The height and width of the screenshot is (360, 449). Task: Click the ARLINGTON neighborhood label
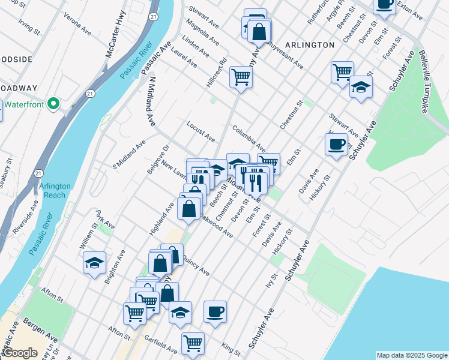click(310, 45)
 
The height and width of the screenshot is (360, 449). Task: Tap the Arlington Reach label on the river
click(55, 191)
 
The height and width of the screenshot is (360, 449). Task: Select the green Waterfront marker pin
click(53, 104)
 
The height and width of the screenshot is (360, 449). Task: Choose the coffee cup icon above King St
click(215, 311)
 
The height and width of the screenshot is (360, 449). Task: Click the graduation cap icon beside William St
click(94, 263)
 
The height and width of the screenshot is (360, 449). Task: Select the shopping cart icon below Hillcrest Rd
click(241, 77)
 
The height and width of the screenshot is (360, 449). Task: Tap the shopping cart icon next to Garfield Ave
click(193, 343)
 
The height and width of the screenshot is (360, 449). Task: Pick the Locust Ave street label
click(200, 133)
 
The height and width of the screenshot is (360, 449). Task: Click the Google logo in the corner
click(20, 353)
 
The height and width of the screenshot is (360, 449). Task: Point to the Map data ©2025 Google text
click(412, 355)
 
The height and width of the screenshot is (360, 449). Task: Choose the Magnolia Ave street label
click(202, 32)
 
